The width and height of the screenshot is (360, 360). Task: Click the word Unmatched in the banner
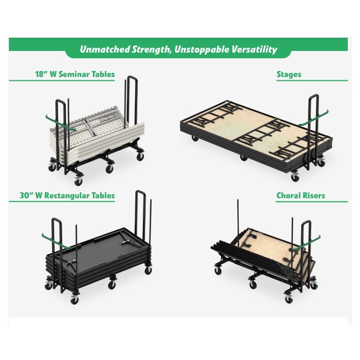tap(105, 49)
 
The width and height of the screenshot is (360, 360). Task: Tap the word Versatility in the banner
tap(254, 49)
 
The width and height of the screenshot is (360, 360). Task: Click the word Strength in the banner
tap(152, 50)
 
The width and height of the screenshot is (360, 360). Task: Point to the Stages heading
tap(289, 74)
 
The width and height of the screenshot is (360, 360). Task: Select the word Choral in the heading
tap(288, 196)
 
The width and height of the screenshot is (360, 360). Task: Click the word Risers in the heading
tap(313, 196)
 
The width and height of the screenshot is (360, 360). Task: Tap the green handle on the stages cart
tap(313, 119)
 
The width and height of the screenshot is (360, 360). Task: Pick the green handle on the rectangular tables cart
tap(56, 241)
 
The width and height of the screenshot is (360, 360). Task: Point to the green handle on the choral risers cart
tap(306, 243)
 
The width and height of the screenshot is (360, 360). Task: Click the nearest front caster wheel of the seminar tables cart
tap(78, 182)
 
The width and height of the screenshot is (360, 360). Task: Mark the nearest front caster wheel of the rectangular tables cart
tap(75, 300)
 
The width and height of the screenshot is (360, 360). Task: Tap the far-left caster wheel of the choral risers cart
tap(218, 271)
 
